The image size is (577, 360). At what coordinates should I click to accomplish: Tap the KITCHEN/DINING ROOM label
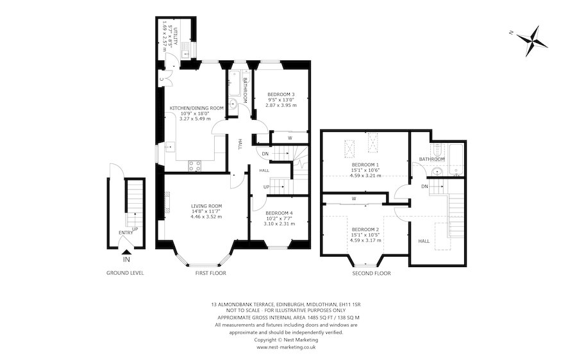click(196, 108)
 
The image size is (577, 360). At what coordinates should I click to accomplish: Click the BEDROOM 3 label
click(281, 94)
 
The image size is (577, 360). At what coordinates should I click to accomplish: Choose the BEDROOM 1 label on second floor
click(365, 165)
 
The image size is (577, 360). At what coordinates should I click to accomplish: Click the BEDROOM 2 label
click(365, 229)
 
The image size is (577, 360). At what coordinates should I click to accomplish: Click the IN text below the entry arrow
click(126, 259)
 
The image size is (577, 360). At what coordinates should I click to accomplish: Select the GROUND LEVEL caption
click(125, 273)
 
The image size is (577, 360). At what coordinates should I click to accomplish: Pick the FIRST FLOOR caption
click(210, 273)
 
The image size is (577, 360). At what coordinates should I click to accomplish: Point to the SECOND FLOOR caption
click(372, 273)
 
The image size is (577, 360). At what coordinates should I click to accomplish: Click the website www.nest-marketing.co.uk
click(288, 347)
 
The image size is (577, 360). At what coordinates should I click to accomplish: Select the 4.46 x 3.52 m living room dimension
click(206, 217)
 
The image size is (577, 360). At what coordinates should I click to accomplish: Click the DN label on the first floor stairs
click(265, 154)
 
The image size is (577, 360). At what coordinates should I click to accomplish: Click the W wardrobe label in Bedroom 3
click(290, 137)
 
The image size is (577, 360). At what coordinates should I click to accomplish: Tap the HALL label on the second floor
click(424, 241)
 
